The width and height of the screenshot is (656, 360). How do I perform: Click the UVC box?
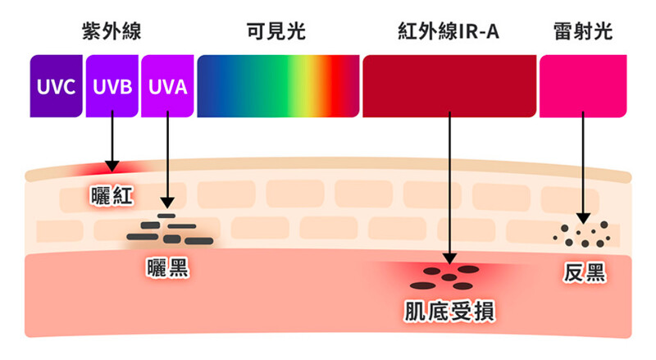[56, 85]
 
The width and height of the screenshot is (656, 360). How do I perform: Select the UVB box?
[112, 85]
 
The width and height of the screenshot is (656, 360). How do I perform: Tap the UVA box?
[167, 85]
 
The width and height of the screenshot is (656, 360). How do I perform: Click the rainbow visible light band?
[278, 85]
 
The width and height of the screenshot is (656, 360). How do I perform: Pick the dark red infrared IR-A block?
[449, 85]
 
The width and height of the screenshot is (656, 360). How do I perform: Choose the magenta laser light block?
[582, 85]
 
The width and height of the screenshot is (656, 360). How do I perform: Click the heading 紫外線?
[112, 32]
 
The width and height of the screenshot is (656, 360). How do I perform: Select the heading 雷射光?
[582, 32]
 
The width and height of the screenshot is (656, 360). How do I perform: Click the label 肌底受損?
[449, 310]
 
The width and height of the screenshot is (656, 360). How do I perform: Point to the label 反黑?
[585, 273]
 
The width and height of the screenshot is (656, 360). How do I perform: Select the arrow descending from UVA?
[167, 160]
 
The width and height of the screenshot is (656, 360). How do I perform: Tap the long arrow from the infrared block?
[449, 189]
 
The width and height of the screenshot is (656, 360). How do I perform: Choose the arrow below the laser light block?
[582, 164]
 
